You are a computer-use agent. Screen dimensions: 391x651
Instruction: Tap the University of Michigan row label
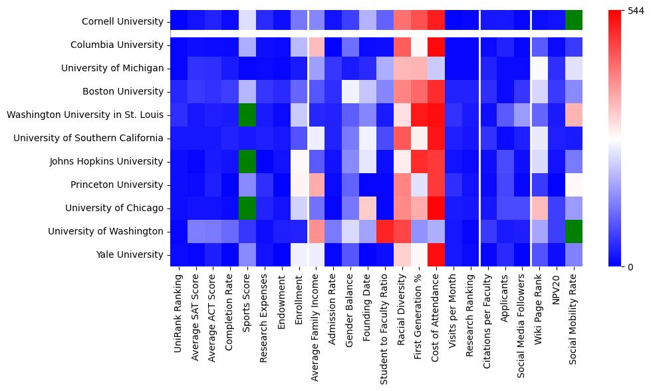112,69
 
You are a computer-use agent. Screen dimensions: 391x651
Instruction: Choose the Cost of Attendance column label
436,312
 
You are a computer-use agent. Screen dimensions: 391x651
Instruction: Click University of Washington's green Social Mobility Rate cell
574,231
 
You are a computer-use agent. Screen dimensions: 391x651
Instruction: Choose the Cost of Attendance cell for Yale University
436,254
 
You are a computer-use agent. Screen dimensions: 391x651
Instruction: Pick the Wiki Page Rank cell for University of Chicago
539,208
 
